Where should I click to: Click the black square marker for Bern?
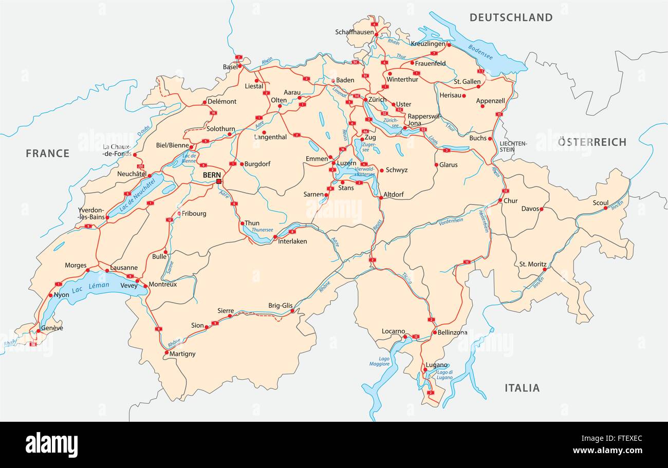coord(219,181)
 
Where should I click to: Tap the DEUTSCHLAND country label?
coord(511,17)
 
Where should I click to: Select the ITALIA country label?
coord(522,388)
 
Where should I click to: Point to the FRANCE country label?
coord(47,153)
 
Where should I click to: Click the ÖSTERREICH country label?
coord(592,142)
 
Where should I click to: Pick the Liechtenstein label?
coord(513,146)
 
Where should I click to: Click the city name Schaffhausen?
coord(355,32)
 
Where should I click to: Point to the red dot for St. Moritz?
coord(545,269)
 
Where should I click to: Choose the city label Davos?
coord(530,209)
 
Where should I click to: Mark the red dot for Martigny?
coord(166,352)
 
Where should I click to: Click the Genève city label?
coord(52,328)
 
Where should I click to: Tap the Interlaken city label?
coord(292,241)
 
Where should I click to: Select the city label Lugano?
coord(436,365)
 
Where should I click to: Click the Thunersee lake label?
coord(263,230)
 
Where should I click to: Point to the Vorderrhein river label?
coord(451,221)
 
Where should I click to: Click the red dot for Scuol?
coord(605,208)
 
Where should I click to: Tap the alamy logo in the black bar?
coord(51,444)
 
